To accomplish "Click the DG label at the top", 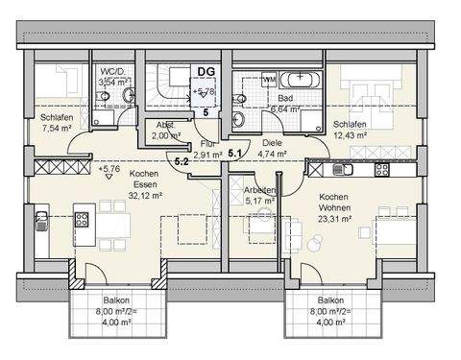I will click(x=205, y=70).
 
